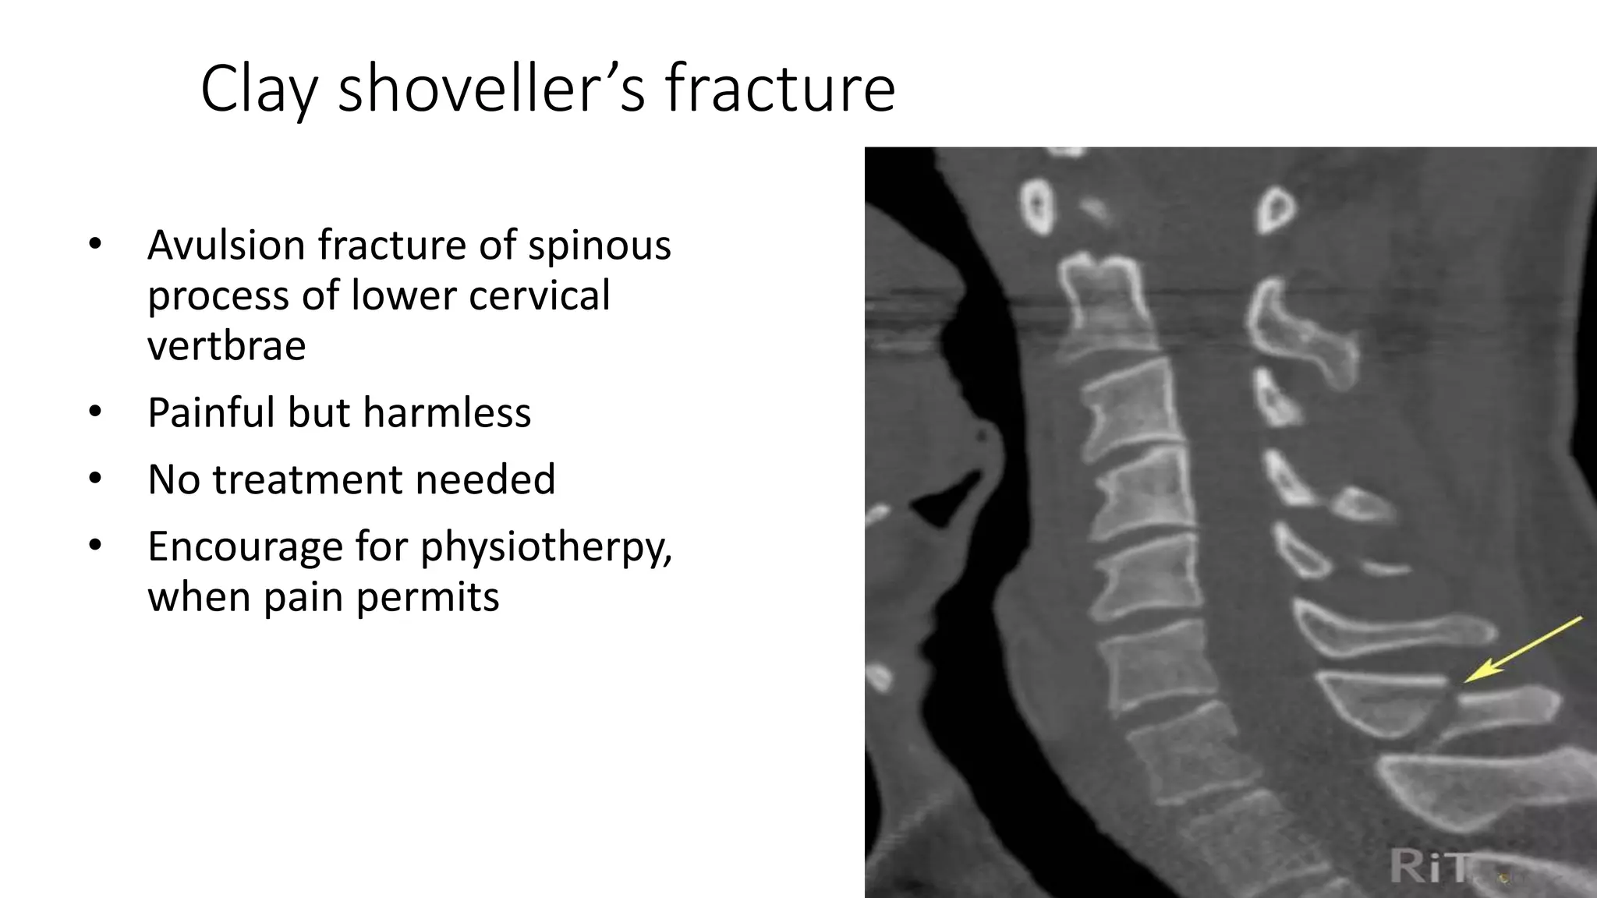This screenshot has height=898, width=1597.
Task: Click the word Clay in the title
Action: pos(258,90)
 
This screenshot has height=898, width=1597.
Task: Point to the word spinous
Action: pos(599,245)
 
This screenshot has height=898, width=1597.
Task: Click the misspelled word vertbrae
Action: pos(226,345)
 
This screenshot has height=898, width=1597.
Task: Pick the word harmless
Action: pos(447,412)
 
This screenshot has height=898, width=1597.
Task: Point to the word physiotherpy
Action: pos(546,547)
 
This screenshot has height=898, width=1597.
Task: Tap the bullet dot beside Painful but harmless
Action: pos(95,412)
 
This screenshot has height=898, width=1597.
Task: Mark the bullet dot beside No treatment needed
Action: pos(95,479)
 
